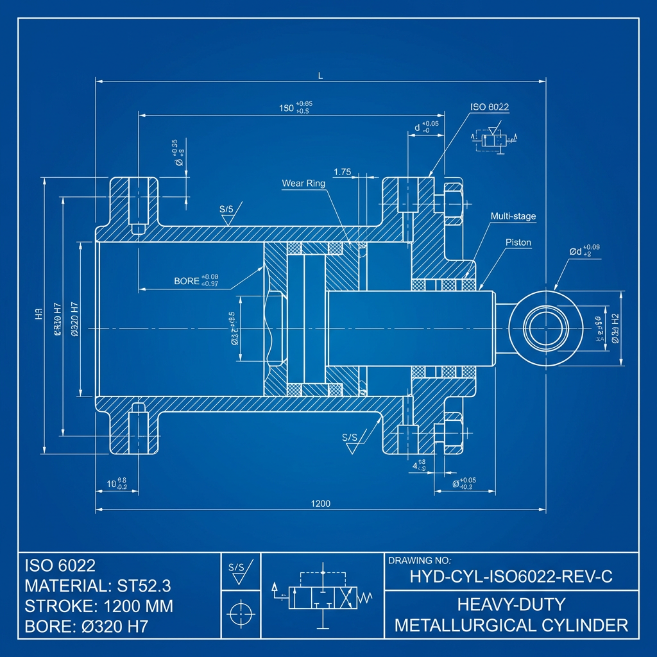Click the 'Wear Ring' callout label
303,183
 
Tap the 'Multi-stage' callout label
513,217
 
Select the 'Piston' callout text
518,243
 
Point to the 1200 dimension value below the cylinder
320,504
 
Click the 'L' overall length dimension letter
320,76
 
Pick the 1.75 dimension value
343,172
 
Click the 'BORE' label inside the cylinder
187,281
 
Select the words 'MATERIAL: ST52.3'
98,586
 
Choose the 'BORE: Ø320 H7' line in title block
86,627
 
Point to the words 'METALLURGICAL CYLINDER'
511,625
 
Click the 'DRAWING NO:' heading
420,561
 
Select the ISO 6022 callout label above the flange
490,107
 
